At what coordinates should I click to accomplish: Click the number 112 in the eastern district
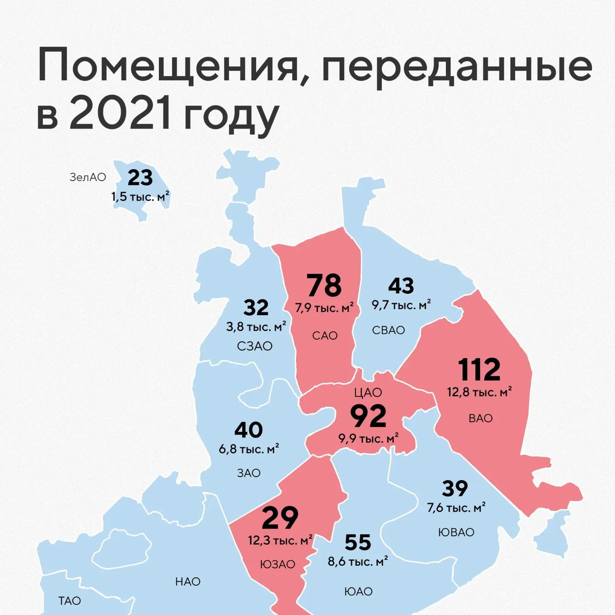pos(479,370)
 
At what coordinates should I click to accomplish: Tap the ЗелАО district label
pos(88,177)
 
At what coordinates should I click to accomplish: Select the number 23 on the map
pos(140,178)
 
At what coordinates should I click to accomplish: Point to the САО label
pos(325,336)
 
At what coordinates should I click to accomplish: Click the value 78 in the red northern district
pos(324,286)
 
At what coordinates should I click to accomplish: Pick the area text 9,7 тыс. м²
pos(401,304)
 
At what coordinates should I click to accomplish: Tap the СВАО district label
pos(388,330)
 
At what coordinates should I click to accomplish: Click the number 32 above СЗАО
pos(256,308)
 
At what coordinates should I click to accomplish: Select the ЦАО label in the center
pos(368,393)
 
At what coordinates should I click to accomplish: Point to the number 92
pos(368,417)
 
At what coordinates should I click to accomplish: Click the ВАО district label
pos(481,418)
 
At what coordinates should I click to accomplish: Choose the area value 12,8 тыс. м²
pos(480,393)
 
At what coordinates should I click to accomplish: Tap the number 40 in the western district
pos(249,430)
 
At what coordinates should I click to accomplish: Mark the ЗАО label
pos(249,473)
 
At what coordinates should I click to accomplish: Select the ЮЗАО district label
pos(278,564)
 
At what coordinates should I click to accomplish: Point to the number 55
pos(358,542)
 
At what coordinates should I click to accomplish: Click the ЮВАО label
pos(456,532)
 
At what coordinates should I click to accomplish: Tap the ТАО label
pos(70,601)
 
